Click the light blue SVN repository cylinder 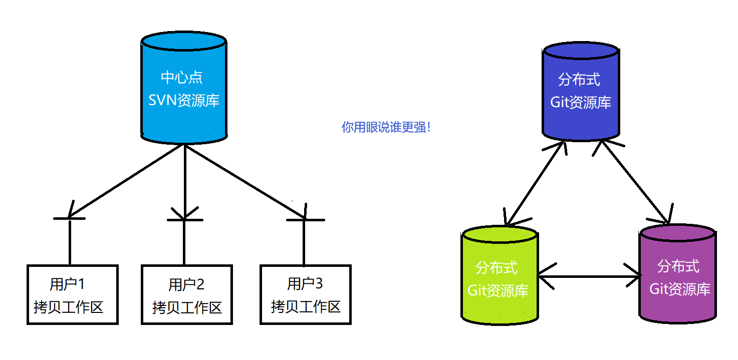pos(184,120)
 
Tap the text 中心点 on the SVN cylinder pos(182,78)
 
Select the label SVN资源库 pos(184,100)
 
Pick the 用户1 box pos(72,295)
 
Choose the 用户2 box pos(186,295)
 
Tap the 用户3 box pos(305,295)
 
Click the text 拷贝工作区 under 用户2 pos(186,307)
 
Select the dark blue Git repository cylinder pos(581,120)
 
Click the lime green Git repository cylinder pos(499,305)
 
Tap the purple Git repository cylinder pos(678,305)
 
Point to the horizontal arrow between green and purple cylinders pos(590,276)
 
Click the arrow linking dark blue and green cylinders pos(535,183)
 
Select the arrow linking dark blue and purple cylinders pos(633,183)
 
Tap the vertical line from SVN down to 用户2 pos(185,180)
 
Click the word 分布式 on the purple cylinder pos(678,266)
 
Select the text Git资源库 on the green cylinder pos(498,290)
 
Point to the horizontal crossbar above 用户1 pos(69,218)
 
